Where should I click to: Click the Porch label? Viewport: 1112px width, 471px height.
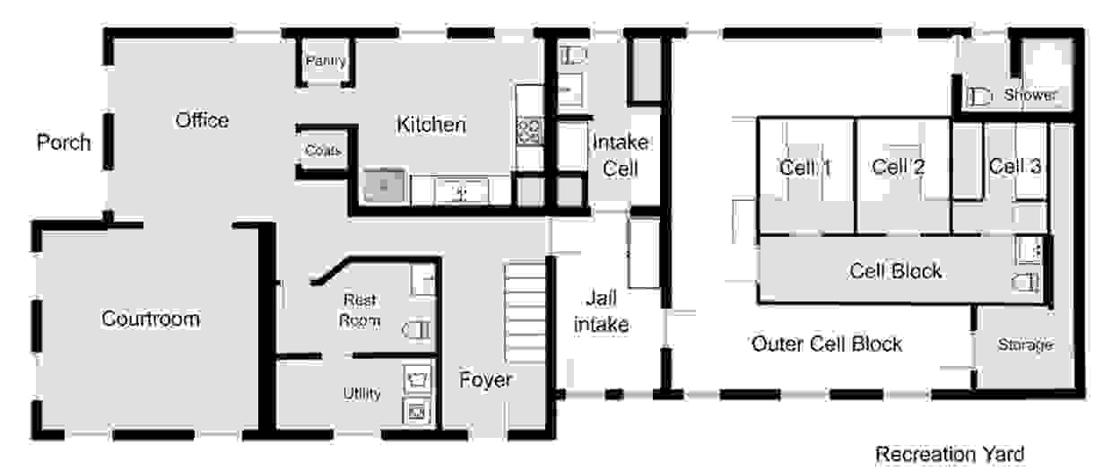click(64, 143)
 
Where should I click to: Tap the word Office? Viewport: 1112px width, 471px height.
click(202, 120)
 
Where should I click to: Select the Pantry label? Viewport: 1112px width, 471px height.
click(326, 61)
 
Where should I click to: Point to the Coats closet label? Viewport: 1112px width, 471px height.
click(323, 150)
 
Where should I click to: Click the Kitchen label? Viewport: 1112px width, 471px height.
click(430, 124)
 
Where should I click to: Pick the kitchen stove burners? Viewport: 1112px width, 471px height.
click(529, 130)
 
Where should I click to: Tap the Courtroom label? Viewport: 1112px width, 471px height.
click(151, 318)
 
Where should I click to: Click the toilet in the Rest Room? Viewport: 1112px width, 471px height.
click(417, 329)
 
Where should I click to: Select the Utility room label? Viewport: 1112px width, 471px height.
click(362, 394)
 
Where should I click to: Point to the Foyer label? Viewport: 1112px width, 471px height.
click(485, 380)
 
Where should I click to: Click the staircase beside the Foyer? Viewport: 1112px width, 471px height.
click(526, 312)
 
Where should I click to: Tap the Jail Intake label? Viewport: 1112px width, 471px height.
click(602, 311)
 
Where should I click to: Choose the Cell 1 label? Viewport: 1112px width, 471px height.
click(805, 168)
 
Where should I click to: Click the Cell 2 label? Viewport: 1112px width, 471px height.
click(899, 167)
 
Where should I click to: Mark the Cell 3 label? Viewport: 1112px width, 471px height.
click(1015, 166)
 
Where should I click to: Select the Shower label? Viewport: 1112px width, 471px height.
click(1030, 94)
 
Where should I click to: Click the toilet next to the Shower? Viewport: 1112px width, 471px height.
click(979, 96)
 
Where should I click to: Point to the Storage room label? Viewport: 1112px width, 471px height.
click(1026, 345)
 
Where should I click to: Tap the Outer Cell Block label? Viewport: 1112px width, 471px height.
click(827, 344)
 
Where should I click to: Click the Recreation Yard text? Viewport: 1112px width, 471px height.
click(950, 454)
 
